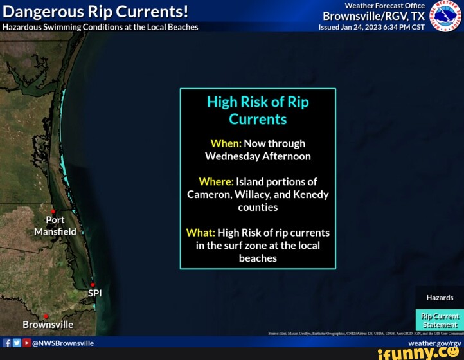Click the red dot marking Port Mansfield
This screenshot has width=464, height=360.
[53, 211]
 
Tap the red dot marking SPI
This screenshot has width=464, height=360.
[93, 284]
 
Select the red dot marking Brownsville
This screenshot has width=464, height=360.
[46, 316]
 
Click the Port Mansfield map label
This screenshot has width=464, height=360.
[55, 226]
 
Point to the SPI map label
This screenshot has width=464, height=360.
[94, 293]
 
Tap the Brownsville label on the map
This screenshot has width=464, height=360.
[48, 325]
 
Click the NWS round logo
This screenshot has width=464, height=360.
[445, 15]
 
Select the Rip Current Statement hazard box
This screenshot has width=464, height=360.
[440, 320]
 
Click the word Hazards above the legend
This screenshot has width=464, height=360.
[440, 298]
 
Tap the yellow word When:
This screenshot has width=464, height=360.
[226, 143]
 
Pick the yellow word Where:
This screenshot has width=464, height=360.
[216, 182]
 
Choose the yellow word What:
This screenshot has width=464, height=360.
[201, 233]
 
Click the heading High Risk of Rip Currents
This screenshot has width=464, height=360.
[258, 111]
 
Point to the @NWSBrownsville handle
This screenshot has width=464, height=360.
[63, 343]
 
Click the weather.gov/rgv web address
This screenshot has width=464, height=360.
[434, 343]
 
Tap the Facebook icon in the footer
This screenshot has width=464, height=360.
[7, 343]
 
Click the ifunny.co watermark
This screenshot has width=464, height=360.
[418, 353]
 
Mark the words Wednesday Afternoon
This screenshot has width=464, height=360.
[258, 156]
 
